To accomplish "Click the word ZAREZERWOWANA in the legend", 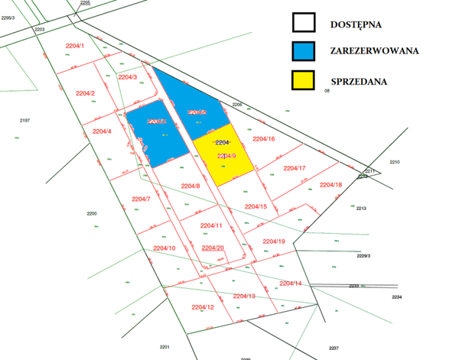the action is pos(373,51).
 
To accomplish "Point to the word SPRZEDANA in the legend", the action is pos(359,79).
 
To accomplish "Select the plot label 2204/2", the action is pos(85,93).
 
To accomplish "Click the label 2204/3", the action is pos(127,76).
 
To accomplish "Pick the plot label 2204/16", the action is pos(264,138).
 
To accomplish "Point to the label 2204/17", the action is pos(295,168).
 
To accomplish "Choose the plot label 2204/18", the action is pos(330,185).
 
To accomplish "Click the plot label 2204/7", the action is pos(141,199).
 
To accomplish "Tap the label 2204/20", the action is pos(213,248).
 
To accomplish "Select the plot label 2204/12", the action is pos(203,307).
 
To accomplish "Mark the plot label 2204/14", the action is pos(291,284).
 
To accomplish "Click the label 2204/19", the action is pos(274,242).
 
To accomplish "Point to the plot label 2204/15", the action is pos(256,206).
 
